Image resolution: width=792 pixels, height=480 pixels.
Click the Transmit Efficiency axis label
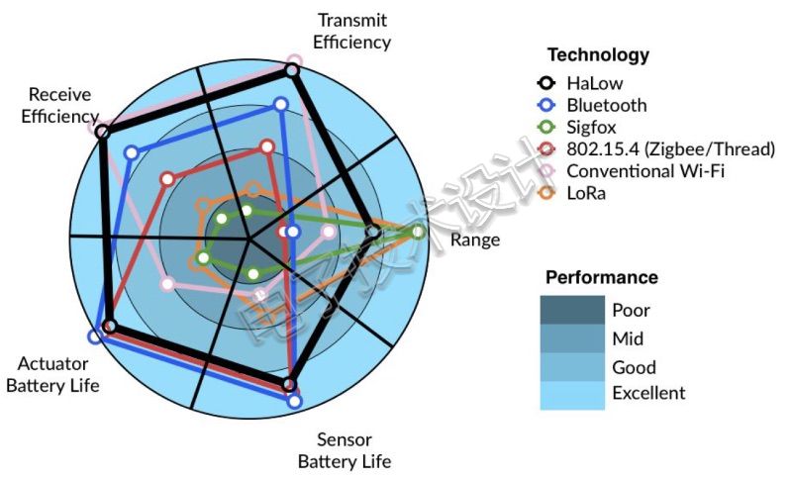pyautogui.click(x=351, y=31)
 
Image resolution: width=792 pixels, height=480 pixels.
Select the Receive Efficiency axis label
pyautogui.click(x=59, y=105)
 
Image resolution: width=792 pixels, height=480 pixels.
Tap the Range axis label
pyautogui.click(x=475, y=240)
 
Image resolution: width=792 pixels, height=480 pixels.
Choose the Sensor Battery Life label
pyautogui.click(x=345, y=450)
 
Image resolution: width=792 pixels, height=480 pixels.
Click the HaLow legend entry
pyautogui.click(x=595, y=83)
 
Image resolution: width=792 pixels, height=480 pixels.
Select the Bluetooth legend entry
pyautogui.click(x=606, y=105)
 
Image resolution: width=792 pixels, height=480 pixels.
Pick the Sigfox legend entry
pyautogui.click(x=593, y=127)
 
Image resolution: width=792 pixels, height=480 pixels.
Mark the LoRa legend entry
pyautogui.click(x=585, y=193)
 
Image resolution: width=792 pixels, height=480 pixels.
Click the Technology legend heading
pyautogui.click(x=598, y=54)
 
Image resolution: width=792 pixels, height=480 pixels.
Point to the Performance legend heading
pyautogui.click(x=602, y=277)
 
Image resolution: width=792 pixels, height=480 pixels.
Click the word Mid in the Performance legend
pyautogui.click(x=628, y=337)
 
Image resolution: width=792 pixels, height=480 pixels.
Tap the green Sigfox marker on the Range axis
pyautogui.click(x=419, y=232)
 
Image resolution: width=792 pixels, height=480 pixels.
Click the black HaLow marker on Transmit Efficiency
pyautogui.click(x=292, y=70)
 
